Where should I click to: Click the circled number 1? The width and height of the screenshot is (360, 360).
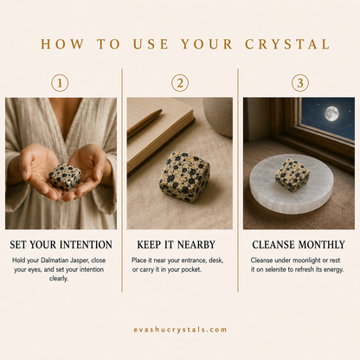tap(60, 83)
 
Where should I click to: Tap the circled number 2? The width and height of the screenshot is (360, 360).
tap(180, 83)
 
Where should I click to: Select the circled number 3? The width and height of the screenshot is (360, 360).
tap(300, 83)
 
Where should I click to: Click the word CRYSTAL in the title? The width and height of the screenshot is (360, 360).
tap(287, 44)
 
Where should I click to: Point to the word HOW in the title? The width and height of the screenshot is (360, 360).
tap(62, 44)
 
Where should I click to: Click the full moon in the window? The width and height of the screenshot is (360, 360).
tap(331, 113)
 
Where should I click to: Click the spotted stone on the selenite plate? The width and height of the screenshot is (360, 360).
tap(292, 176)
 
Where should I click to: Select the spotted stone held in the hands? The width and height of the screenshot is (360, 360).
tap(65, 177)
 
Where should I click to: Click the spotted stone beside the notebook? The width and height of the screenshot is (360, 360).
tap(184, 177)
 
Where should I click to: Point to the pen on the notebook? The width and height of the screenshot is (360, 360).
tap(145, 122)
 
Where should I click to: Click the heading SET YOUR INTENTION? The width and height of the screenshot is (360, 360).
tap(61, 245)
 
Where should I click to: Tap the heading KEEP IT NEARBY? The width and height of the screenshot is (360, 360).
tap(176, 245)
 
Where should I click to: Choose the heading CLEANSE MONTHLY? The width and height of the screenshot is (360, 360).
tap(299, 245)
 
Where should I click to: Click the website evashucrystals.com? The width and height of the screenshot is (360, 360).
tap(180, 330)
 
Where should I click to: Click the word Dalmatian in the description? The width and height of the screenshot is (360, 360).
tap(54, 260)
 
